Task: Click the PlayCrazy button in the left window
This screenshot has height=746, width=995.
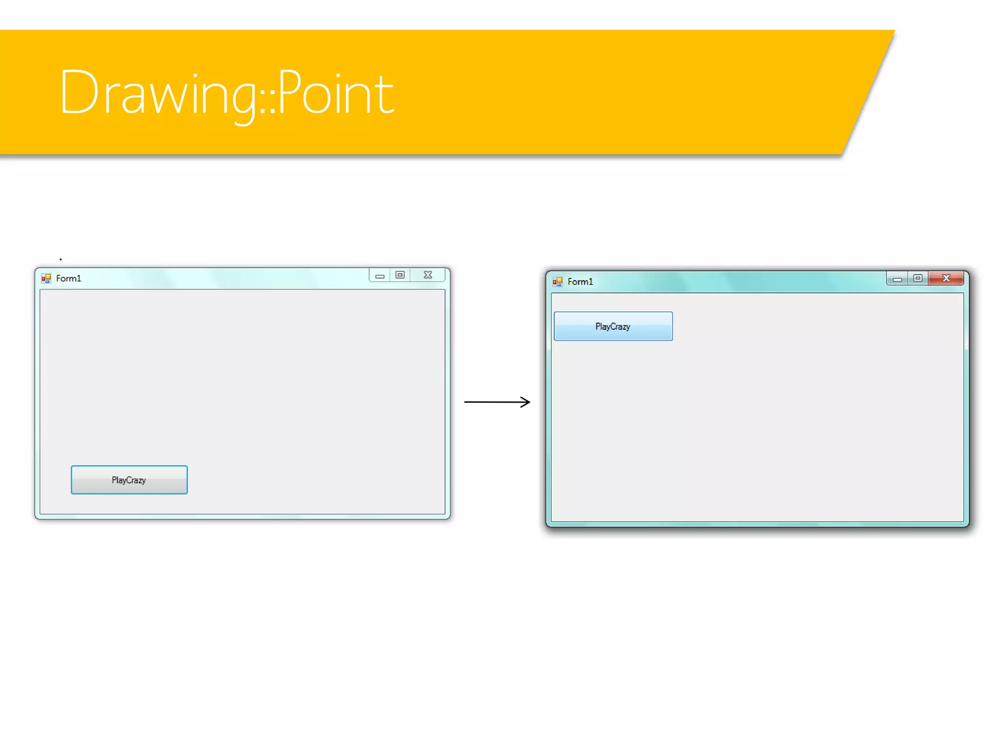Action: (129, 480)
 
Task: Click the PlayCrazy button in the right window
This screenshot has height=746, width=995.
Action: (613, 326)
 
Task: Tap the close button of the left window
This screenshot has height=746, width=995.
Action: (428, 275)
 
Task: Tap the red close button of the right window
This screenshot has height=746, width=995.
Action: (946, 278)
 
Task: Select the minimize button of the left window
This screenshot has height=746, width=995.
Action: (380, 275)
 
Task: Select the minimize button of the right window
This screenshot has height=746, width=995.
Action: (897, 279)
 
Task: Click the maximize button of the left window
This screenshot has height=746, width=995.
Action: (400, 275)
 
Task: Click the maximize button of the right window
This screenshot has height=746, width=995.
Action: (918, 278)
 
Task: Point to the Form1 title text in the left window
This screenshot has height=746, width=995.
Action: (69, 278)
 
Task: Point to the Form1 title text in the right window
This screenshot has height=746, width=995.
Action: (580, 282)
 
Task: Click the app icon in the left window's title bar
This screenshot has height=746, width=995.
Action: (46, 278)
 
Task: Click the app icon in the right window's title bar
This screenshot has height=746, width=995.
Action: (557, 282)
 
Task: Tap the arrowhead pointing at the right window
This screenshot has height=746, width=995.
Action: (526, 402)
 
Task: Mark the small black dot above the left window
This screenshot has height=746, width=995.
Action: (61, 259)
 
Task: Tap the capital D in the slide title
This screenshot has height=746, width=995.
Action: (79, 92)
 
